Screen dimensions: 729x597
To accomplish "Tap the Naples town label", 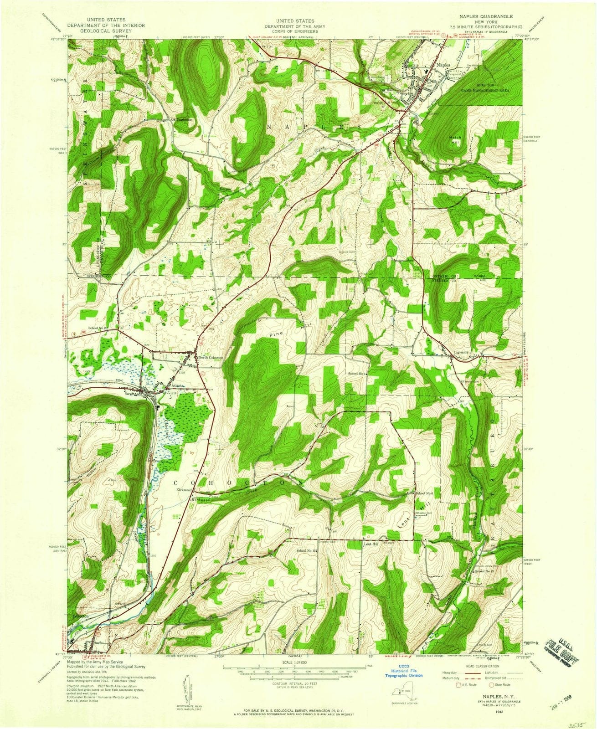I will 443,65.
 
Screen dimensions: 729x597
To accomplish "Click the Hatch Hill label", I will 455,139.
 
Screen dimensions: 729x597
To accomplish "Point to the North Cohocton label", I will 211,358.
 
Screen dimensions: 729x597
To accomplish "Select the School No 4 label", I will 358,374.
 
